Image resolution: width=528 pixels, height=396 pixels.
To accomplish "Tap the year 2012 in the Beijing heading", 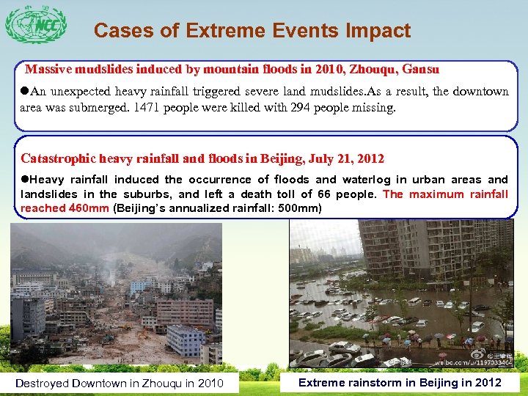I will tap(370, 158).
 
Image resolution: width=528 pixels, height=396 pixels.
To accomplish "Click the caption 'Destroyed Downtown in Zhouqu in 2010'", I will tap(120, 383).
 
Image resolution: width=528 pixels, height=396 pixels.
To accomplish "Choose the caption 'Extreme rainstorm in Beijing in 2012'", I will tap(400, 382).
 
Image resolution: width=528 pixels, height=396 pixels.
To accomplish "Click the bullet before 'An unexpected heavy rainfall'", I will tap(25, 92).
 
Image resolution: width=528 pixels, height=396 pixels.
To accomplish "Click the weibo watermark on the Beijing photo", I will tap(469, 362).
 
